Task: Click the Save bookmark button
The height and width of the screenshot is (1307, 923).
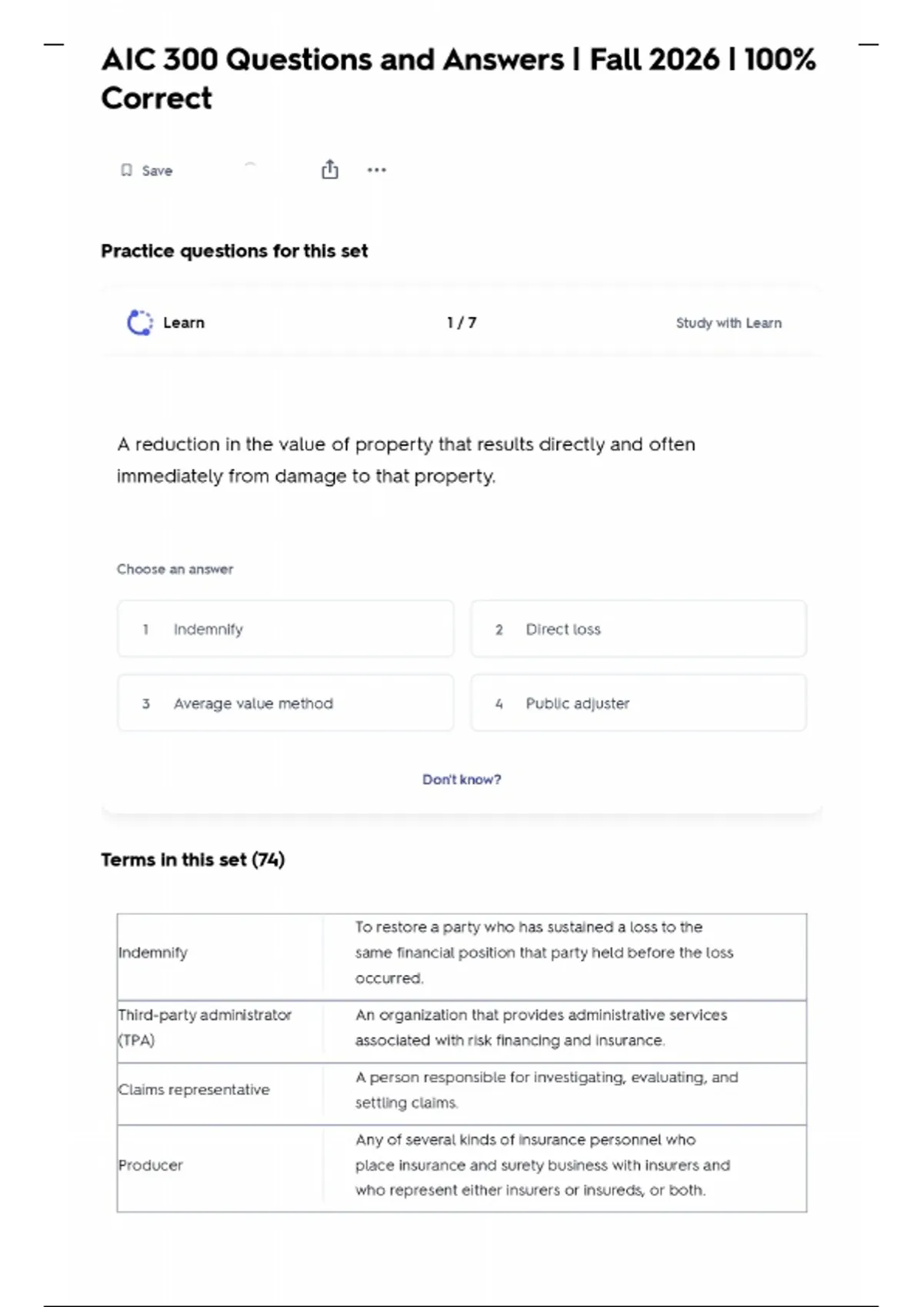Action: tap(146, 171)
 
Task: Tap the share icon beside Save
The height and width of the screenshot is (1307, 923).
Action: tap(329, 170)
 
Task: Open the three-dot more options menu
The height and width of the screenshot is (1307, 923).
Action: tap(376, 170)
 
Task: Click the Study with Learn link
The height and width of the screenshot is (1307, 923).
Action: tap(728, 323)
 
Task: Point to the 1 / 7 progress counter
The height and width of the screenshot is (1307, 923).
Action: tap(461, 323)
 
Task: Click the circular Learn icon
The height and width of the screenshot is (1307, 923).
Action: tap(140, 323)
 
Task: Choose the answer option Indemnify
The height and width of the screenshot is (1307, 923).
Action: tap(285, 629)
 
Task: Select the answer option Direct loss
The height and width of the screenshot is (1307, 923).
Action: tap(638, 629)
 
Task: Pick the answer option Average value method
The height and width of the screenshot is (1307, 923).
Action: tap(285, 703)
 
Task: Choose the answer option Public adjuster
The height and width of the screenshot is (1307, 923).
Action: tap(638, 703)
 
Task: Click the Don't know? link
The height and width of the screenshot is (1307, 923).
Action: tap(461, 780)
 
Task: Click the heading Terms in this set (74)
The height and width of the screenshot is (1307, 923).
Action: tap(193, 860)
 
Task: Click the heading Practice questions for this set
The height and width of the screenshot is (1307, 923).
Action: tap(235, 251)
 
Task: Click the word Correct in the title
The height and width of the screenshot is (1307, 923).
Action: tap(157, 98)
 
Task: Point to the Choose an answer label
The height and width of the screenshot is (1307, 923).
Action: tap(175, 570)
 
